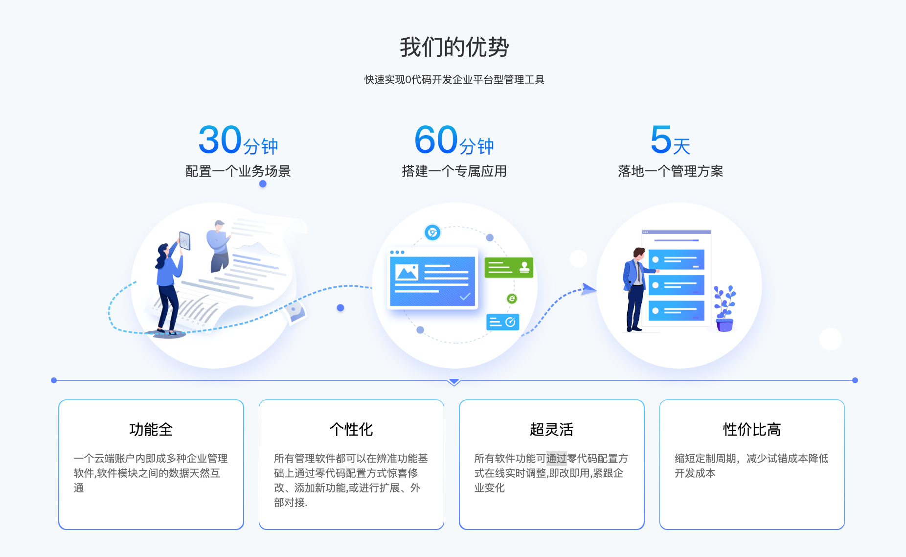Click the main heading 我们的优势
pyautogui.click(x=454, y=47)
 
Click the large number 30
pyautogui.click(x=220, y=140)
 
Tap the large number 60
pyautogui.click(x=436, y=140)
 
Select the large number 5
pyautogui.click(x=661, y=140)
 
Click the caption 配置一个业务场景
pyautogui.click(x=238, y=171)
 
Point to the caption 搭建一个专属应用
pyautogui.click(x=454, y=171)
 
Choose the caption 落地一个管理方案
pyautogui.click(x=670, y=171)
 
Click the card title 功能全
pyautogui.click(x=151, y=429)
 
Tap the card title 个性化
pyautogui.click(x=351, y=429)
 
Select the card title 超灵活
pyautogui.click(x=551, y=429)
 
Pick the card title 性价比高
pyautogui.click(x=752, y=429)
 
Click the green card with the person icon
pyautogui.click(x=509, y=267)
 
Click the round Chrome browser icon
pyautogui.click(x=432, y=232)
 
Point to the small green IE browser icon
pyautogui.click(x=512, y=299)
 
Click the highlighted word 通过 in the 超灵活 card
pyautogui.click(x=556, y=458)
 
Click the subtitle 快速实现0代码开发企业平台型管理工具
pyautogui.click(x=454, y=80)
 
